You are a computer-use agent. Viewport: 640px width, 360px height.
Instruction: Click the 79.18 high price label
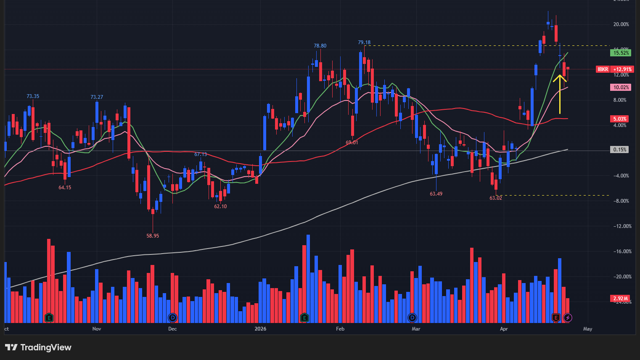(364, 42)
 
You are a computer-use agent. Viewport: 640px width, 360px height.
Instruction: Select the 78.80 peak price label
(320, 46)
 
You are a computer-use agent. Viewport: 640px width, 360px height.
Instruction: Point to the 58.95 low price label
(153, 236)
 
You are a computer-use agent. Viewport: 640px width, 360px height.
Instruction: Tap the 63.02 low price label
(496, 198)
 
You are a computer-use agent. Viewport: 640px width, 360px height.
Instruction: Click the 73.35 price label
(33, 96)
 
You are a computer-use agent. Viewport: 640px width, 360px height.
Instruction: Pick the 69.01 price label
(352, 143)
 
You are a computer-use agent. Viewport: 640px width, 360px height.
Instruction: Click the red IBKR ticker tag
(603, 69)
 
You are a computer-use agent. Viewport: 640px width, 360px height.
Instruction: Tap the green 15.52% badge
(621, 53)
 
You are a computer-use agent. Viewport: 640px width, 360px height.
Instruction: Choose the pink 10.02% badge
(621, 87)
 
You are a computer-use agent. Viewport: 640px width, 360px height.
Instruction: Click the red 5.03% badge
(620, 119)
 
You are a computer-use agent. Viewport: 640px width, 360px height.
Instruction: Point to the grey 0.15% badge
(619, 150)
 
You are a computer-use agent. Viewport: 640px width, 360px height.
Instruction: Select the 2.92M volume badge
(620, 299)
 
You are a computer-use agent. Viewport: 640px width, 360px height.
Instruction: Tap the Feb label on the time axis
(340, 329)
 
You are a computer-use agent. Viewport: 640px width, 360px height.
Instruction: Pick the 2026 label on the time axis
(261, 329)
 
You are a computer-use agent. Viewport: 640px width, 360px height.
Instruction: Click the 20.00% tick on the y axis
(621, 24)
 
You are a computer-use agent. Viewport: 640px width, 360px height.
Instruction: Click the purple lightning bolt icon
(568, 318)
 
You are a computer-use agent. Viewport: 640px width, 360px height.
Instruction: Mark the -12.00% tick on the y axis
(622, 226)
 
